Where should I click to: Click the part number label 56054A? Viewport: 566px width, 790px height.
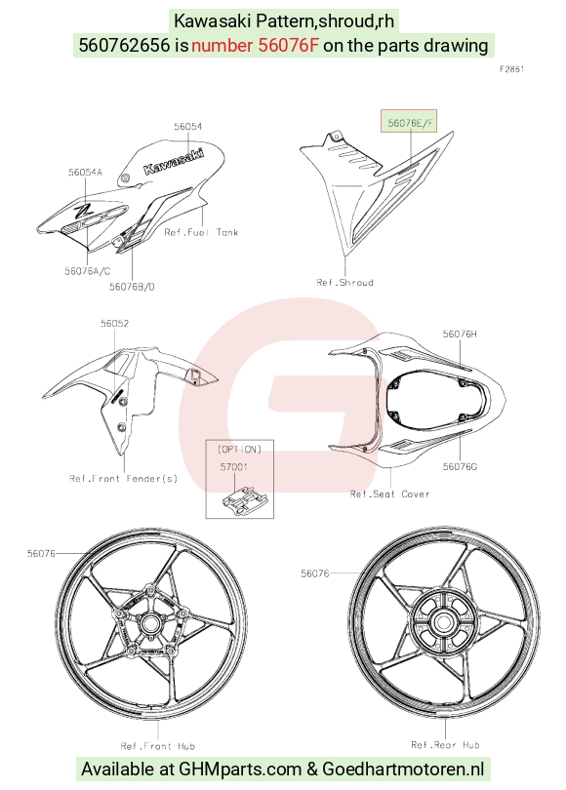85,173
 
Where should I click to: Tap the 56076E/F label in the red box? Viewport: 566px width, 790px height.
410,123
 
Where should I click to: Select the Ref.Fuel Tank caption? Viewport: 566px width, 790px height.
201,232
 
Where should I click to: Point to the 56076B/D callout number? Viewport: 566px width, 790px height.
132,287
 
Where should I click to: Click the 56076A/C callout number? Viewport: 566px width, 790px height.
87,271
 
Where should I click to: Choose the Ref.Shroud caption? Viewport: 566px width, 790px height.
344,282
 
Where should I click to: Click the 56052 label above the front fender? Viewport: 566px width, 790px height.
114,324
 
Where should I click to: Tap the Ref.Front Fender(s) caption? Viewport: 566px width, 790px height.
124,478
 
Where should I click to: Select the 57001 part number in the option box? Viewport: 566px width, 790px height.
234,467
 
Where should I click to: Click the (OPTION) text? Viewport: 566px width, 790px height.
239,449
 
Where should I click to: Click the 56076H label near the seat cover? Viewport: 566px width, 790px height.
460,334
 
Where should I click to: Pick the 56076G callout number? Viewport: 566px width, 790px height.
460,466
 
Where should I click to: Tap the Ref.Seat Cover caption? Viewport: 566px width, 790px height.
389,494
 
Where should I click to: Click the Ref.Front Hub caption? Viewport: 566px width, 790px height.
158,746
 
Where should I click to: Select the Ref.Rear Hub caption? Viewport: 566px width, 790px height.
445,745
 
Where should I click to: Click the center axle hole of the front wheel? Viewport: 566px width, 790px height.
149,624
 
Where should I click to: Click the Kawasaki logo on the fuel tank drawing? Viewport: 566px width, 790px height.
174,161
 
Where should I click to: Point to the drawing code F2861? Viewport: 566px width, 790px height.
512,69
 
